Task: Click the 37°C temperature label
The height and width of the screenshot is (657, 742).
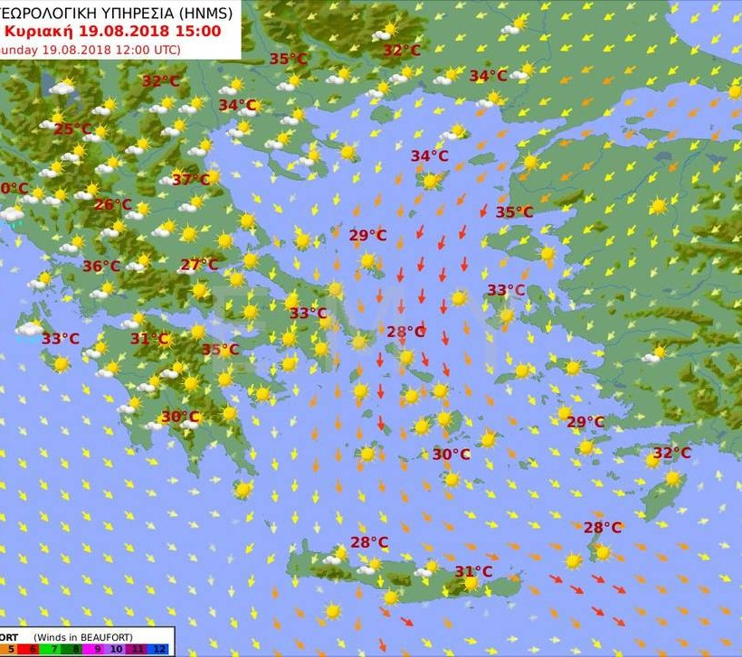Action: pyautogui.click(x=190, y=180)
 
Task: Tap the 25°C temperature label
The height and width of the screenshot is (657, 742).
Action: pyautogui.click(x=73, y=129)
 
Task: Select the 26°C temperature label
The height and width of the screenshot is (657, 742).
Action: pyautogui.click(x=113, y=205)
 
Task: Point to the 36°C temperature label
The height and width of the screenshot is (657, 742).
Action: pyautogui.click(x=101, y=267)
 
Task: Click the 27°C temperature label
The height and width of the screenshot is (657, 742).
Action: pyautogui.click(x=198, y=265)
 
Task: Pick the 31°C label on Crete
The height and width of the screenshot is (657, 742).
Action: pyautogui.click(x=473, y=571)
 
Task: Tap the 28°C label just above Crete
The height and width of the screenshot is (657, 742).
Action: pyautogui.click(x=369, y=542)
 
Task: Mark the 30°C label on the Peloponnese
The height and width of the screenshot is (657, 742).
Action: pyautogui.click(x=179, y=417)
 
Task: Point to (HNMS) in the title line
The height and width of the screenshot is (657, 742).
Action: pyautogui.click(x=202, y=13)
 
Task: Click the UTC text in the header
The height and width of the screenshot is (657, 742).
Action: pyautogui.click(x=163, y=49)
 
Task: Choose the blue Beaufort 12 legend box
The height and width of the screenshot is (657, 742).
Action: pyautogui.click(x=160, y=649)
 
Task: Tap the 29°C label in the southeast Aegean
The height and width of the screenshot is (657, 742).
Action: pyautogui.click(x=585, y=422)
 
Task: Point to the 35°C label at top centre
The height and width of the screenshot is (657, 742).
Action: pyautogui.click(x=289, y=60)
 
